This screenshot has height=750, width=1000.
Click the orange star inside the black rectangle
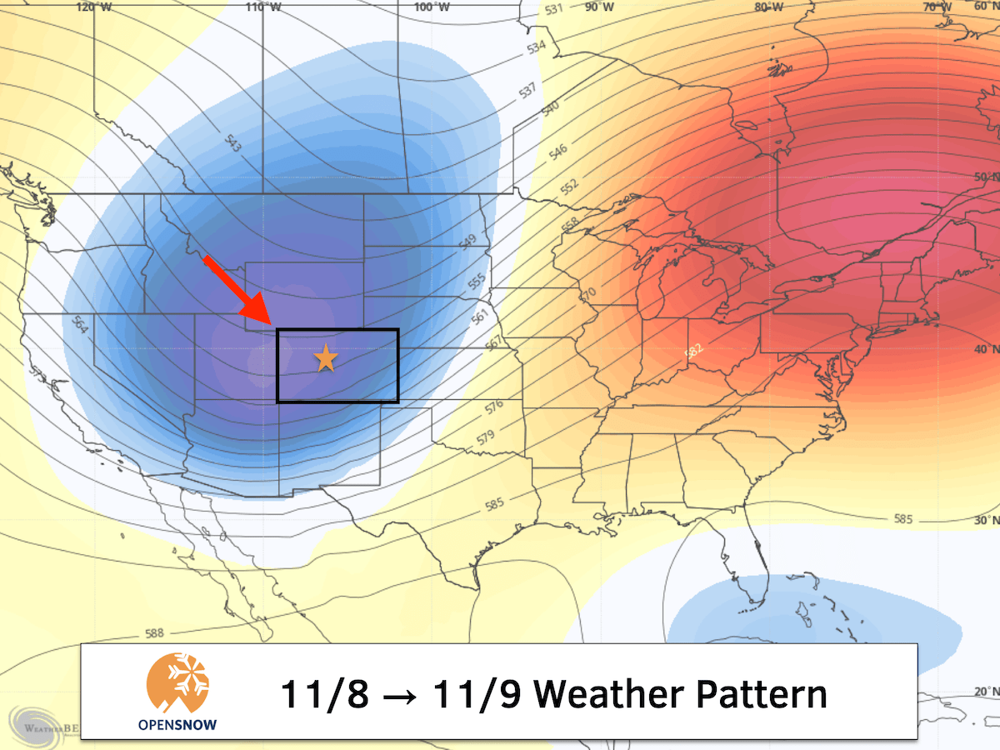point(325,359)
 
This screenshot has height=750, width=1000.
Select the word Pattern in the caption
point(757,694)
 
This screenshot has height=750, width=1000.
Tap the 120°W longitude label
point(93,7)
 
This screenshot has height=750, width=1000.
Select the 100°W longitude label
point(431,7)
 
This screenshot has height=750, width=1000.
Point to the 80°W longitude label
point(767,7)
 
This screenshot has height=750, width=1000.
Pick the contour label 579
point(485,436)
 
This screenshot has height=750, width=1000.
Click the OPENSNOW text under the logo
point(177,724)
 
